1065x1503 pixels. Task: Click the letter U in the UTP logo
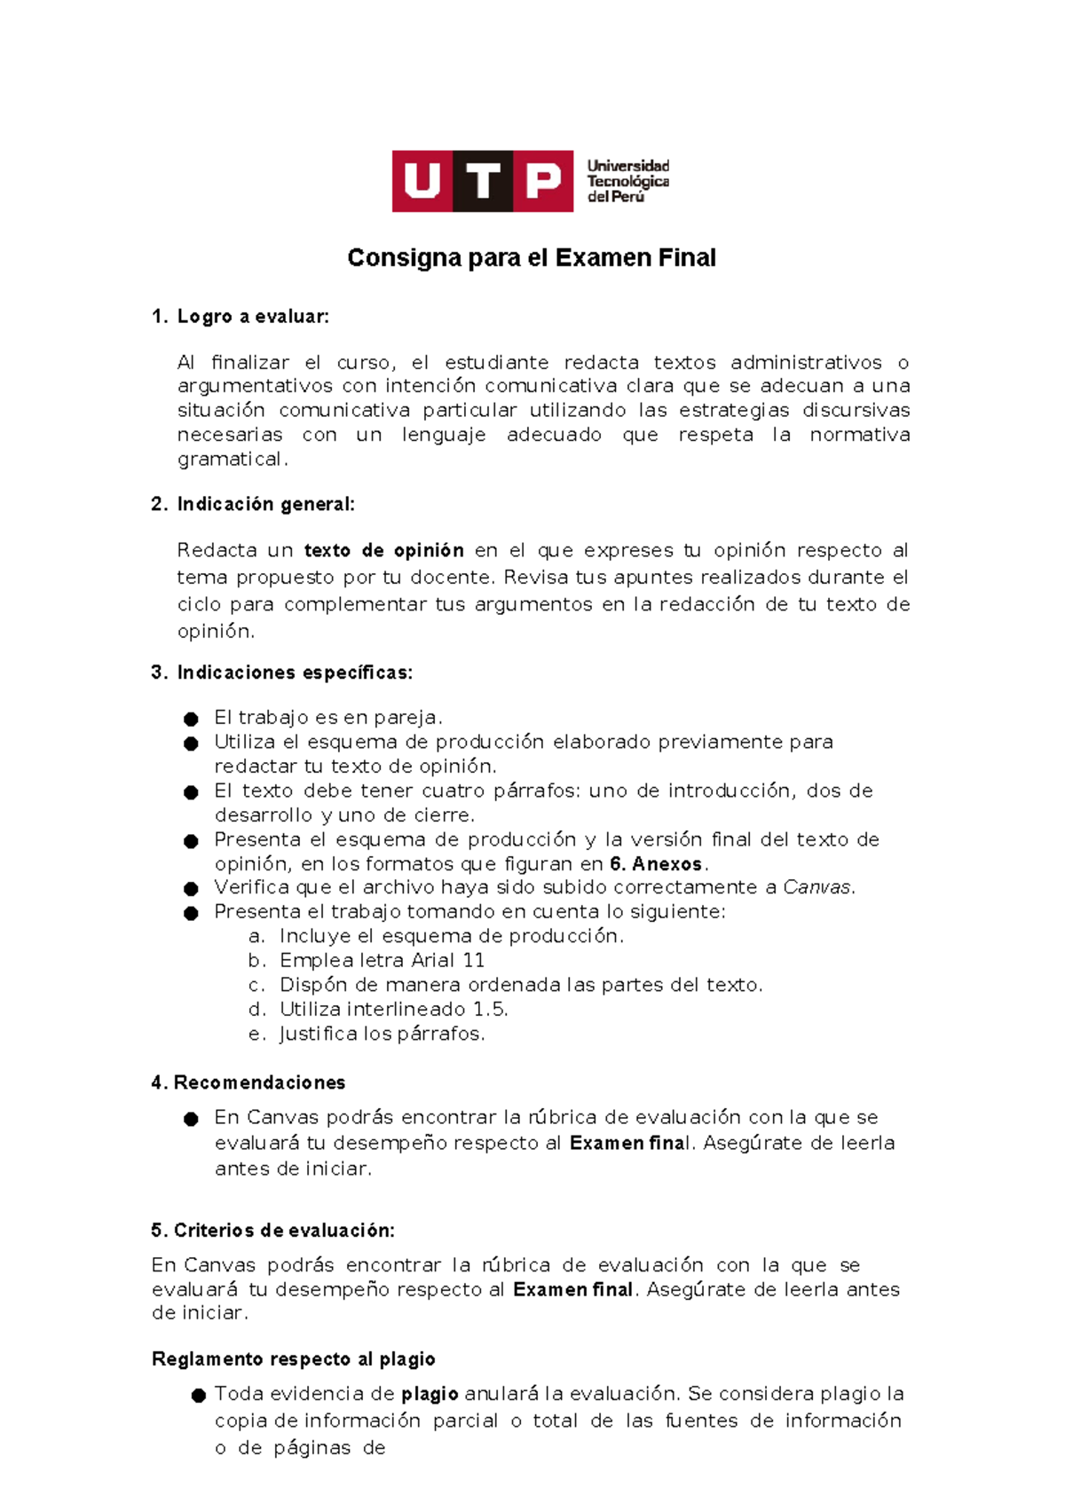click(422, 181)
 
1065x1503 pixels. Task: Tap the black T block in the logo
click(483, 181)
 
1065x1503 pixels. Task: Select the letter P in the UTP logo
click(543, 181)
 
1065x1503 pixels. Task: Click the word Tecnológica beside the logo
click(627, 182)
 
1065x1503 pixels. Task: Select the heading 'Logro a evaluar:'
click(253, 317)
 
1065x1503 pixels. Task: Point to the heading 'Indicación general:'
click(265, 504)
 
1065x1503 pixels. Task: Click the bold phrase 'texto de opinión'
click(383, 550)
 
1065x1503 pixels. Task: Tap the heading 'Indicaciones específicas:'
click(295, 673)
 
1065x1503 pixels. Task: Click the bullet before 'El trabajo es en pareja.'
click(191, 719)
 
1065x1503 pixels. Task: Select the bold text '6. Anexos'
click(656, 864)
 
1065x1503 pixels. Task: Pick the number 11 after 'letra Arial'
click(474, 961)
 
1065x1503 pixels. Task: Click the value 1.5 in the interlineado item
click(490, 1010)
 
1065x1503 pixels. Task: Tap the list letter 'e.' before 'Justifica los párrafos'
click(257, 1035)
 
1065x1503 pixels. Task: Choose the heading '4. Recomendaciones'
click(248, 1082)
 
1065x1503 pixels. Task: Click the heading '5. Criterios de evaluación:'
click(272, 1231)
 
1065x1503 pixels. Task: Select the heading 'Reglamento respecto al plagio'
click(293, 1359)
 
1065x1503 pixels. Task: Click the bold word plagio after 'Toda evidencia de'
click(430, 1394)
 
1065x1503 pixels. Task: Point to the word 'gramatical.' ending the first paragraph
click(233, 460)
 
